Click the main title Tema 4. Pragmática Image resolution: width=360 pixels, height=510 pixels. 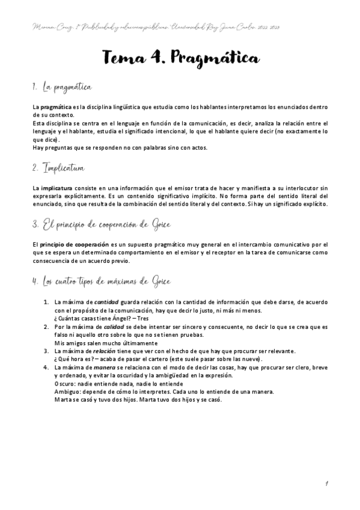point(180,58)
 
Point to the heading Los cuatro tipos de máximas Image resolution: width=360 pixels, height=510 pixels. point(102,280)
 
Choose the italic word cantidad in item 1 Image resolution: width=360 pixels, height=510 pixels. point(107,302)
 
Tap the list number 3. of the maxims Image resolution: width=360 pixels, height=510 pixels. point(46,351)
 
